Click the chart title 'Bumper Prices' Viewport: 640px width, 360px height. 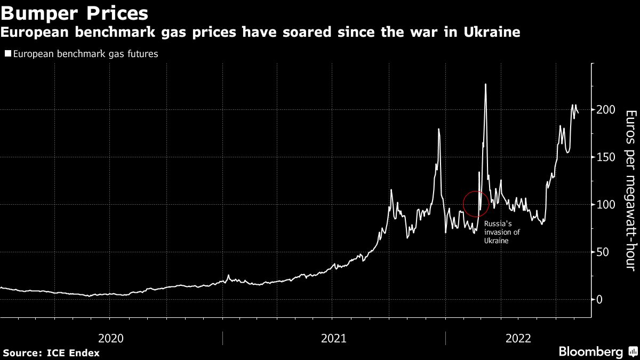pos(75,12)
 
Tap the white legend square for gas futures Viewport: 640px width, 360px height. pos(7,54)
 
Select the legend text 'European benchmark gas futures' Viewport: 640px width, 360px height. pos(85,54)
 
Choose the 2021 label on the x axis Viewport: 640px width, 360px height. pos(334,338)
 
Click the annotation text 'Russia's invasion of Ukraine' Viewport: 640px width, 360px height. pos(501,233)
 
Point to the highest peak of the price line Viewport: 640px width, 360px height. pos(485,84)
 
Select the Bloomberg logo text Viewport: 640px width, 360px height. pos(590,352)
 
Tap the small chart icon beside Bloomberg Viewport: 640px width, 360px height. pos(632,352)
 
